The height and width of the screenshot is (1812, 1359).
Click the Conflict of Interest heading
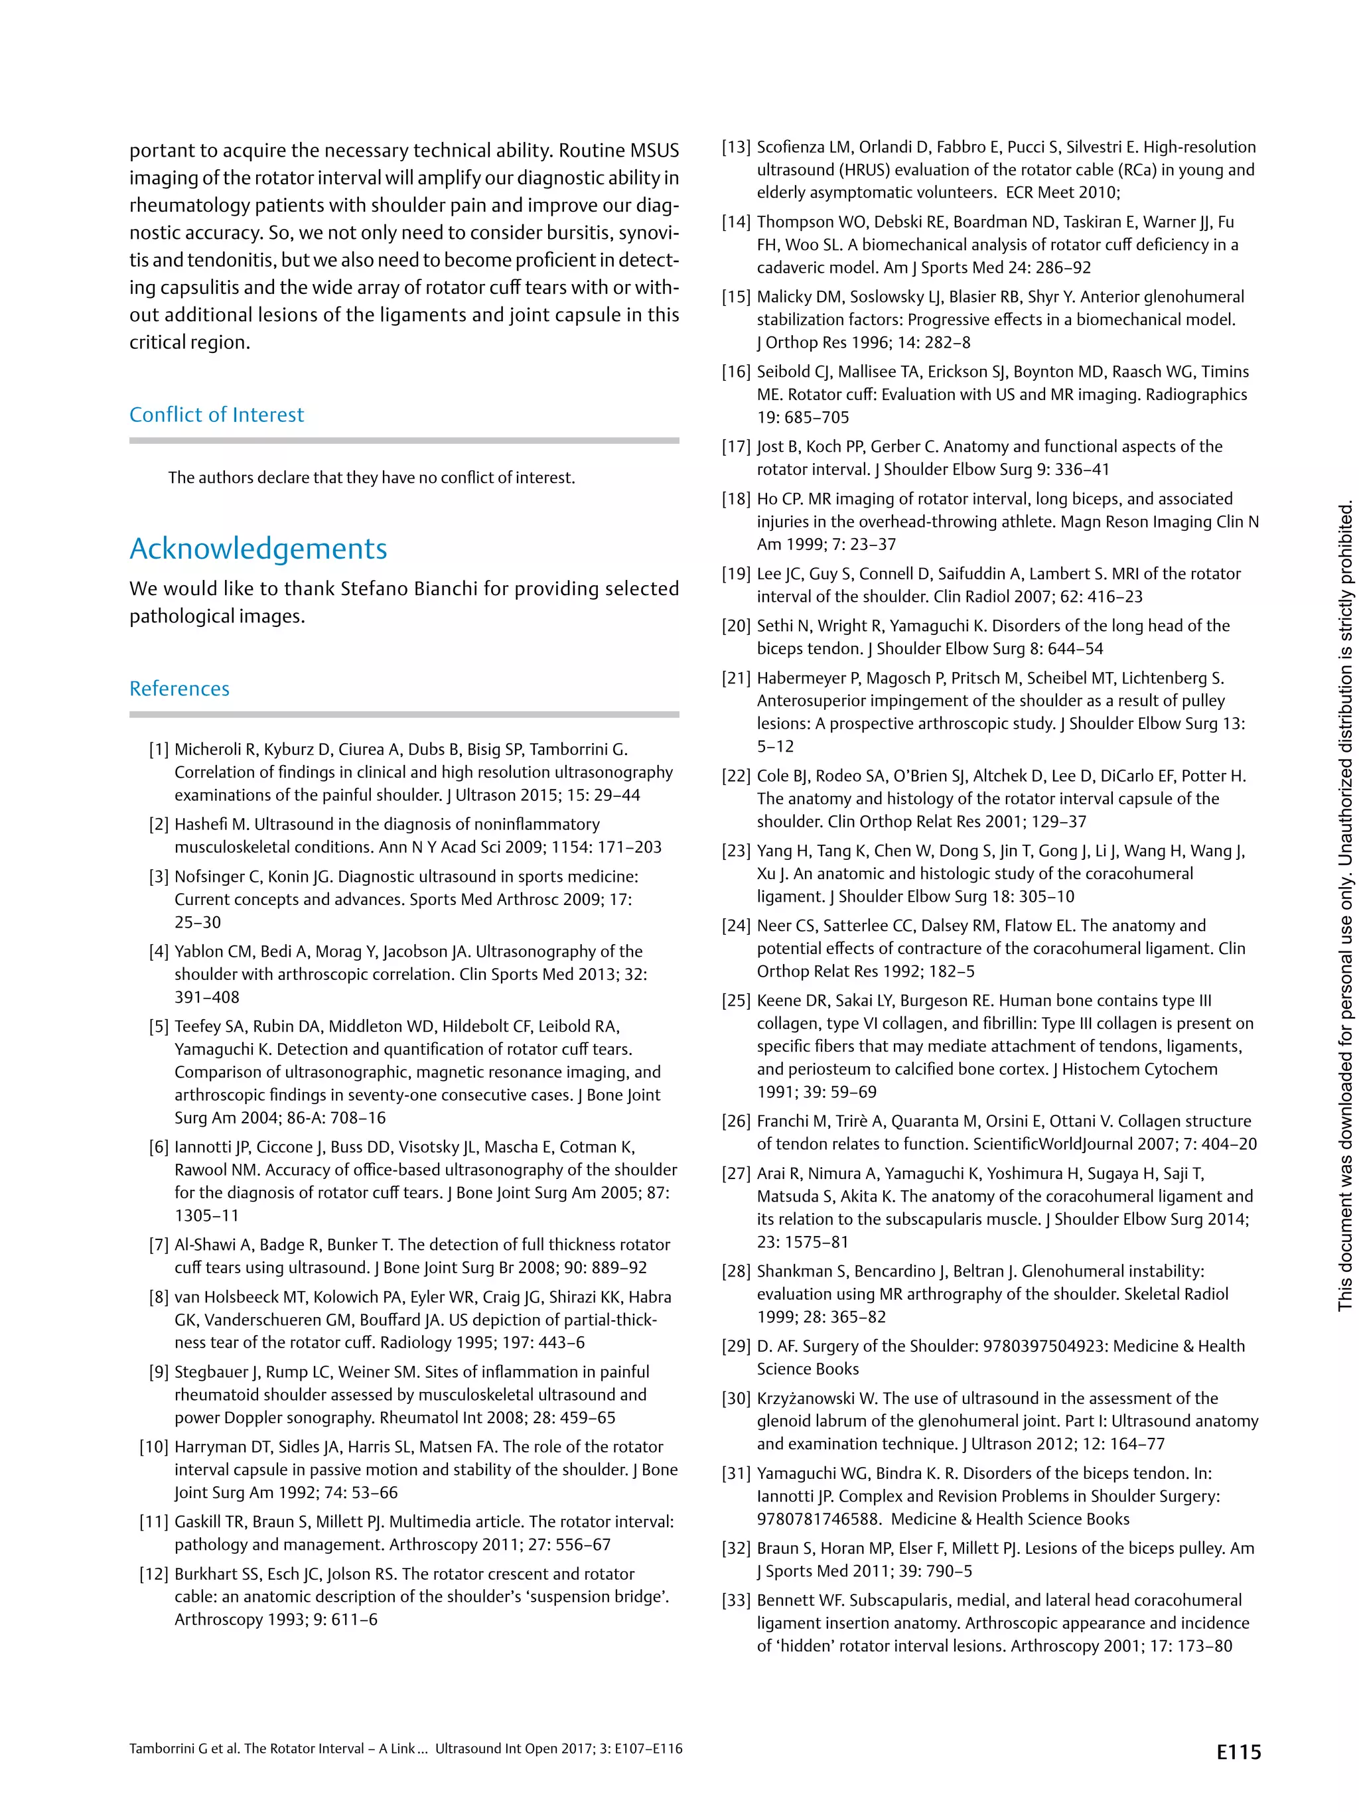[x=216, y=415]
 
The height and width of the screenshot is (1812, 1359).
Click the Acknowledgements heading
[x=258, y=548]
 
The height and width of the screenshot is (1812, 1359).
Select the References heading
[x=179, y=688]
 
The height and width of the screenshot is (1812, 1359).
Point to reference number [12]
[x=154, y=1574]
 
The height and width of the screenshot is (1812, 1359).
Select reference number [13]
[x=736, y=147]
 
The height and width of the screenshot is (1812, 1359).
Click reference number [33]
[x=736, y=1600]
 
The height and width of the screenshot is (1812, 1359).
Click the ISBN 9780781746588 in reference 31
[x=818, y=1519]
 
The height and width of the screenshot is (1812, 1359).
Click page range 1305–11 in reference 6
[x=206, y=1216]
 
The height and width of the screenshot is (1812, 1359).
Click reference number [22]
[x=736, y=776]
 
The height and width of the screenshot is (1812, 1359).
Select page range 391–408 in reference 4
[x=206, y=997]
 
